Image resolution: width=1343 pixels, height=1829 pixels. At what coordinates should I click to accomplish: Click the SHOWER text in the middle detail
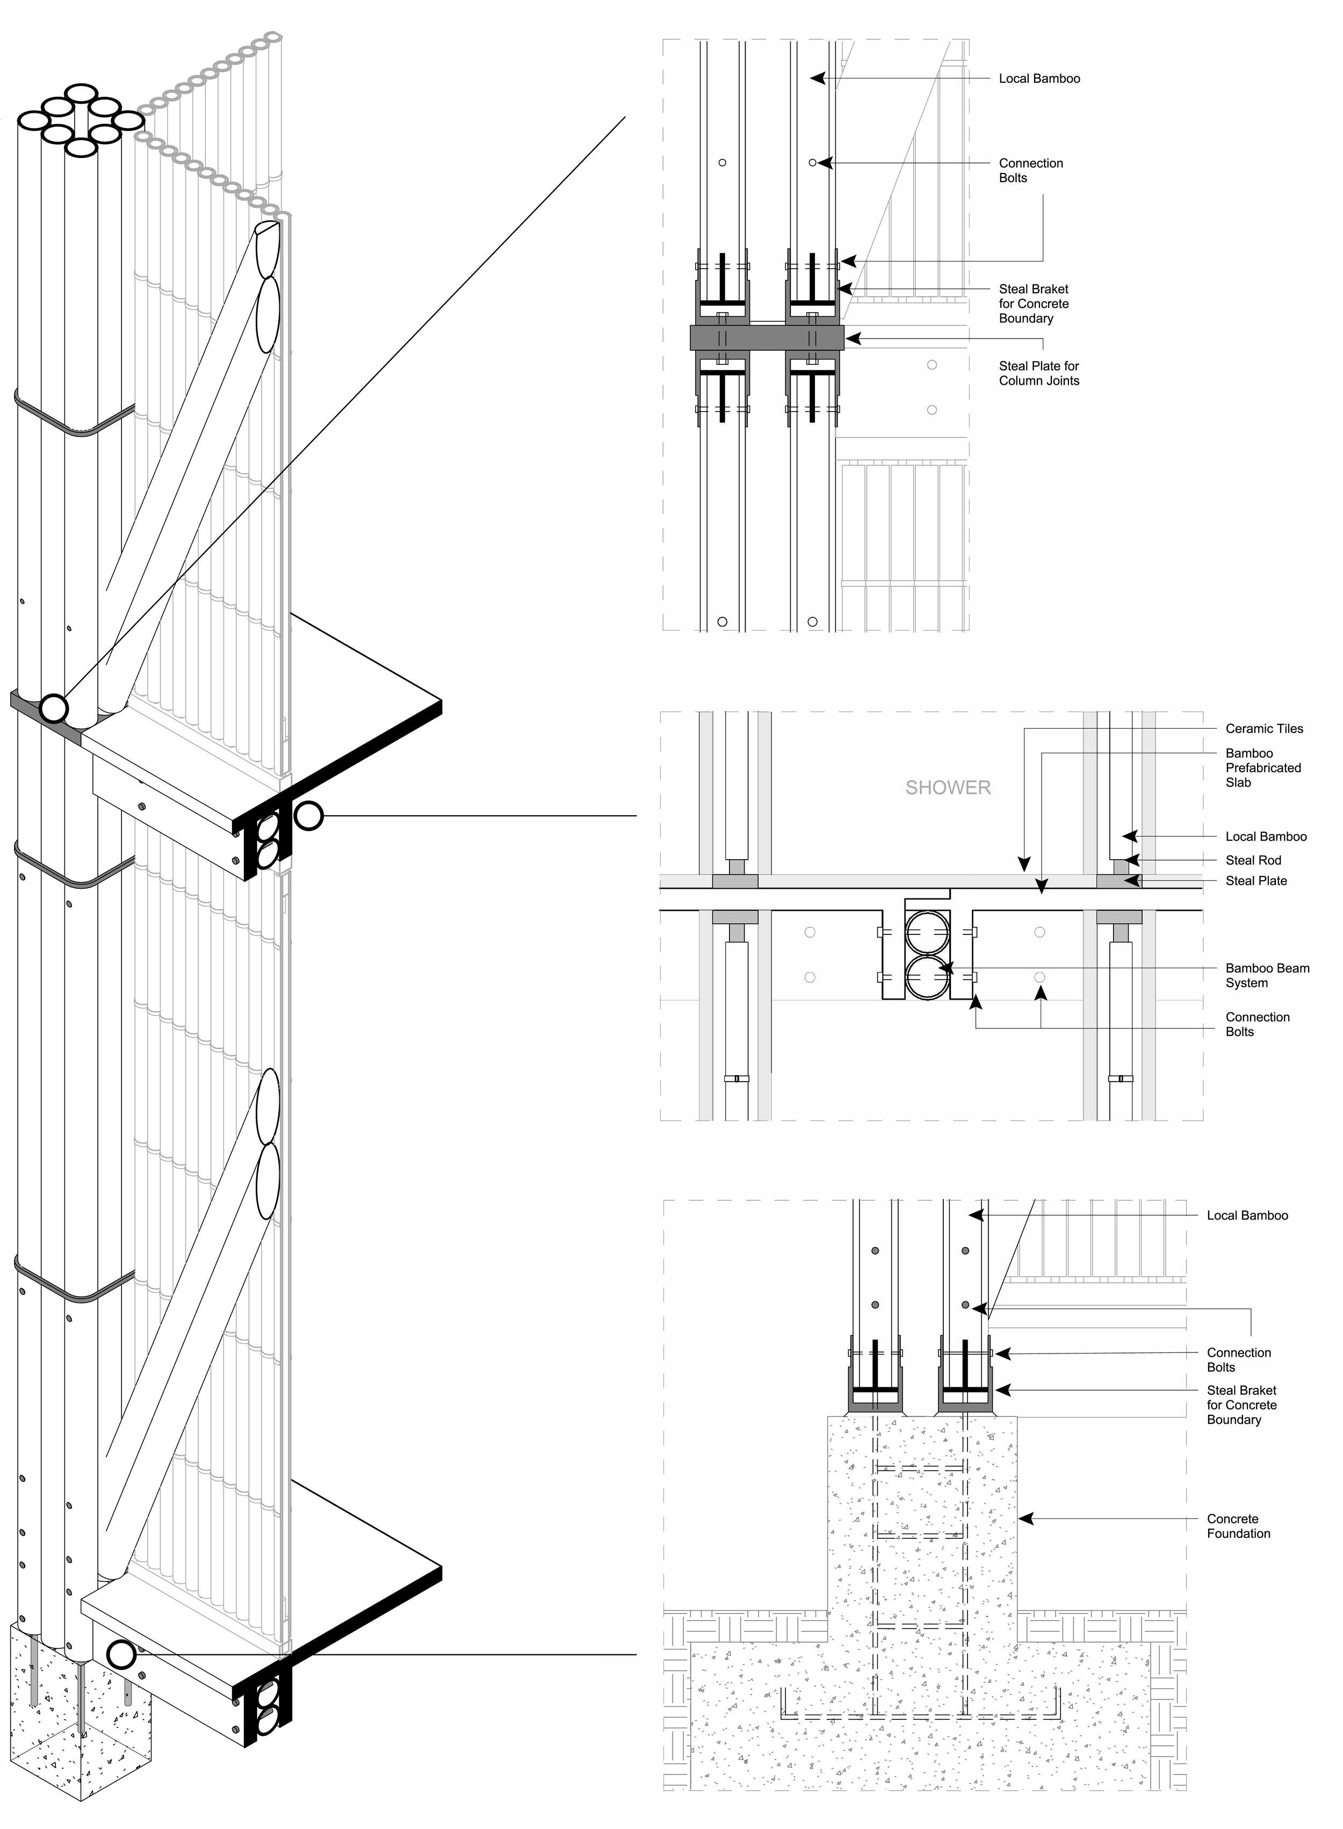(x=948, y=788)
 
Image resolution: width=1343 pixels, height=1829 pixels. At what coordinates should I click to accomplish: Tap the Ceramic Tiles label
(x=1264, y=729)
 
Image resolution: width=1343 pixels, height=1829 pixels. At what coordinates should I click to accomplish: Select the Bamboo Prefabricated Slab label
(x=1262, y=767)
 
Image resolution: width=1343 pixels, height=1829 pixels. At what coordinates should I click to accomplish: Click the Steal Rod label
(x=1253, y=860)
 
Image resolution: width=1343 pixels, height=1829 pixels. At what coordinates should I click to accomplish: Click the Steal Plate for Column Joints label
(x=1039, y=373)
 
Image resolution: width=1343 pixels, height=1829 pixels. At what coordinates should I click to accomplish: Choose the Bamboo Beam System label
(x=1267, y=975)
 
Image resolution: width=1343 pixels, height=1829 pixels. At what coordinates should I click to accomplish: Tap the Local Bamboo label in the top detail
(x=1039, y=79)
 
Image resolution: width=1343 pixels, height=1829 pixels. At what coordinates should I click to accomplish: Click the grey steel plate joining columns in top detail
(x=767, y=337)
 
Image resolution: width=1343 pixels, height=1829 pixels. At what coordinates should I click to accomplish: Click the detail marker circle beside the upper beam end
(x=308, y=815)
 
